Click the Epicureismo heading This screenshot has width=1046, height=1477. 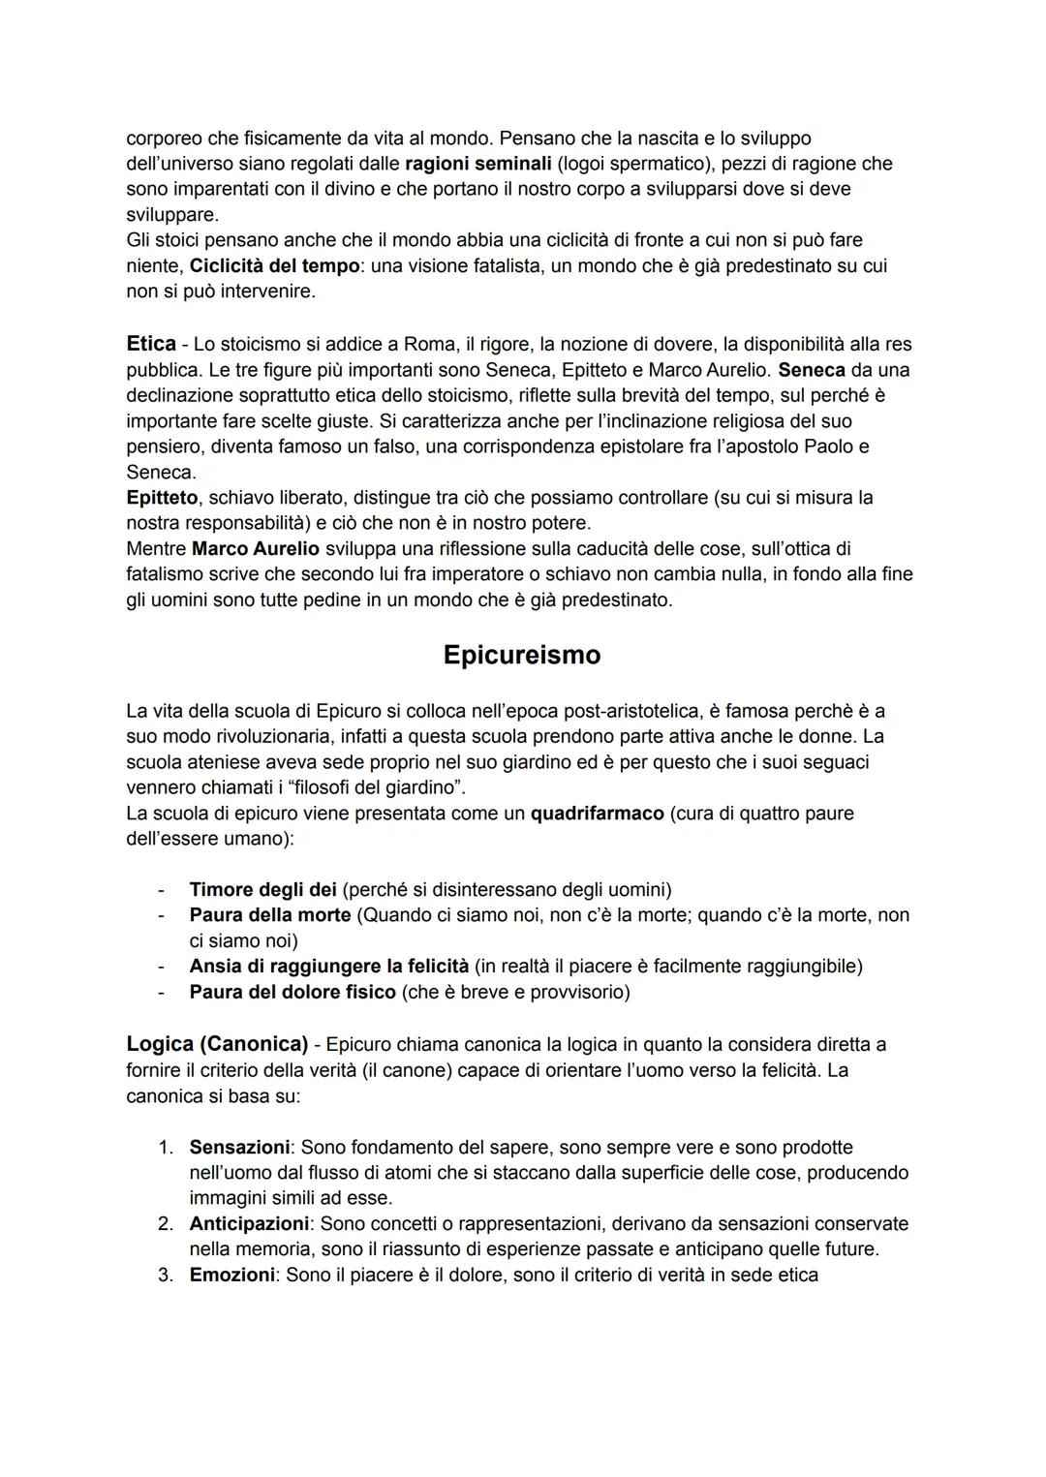point(521,655)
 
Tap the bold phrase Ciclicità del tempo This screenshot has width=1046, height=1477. point(274,265)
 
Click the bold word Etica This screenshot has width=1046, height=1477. point(151,344)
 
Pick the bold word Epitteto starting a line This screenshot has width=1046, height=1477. point(163,498)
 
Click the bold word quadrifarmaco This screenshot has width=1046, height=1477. point(597,813)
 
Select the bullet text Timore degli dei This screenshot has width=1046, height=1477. point(262,889)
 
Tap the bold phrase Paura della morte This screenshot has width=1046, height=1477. point(269,915)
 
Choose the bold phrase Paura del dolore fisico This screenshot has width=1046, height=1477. point(292,992)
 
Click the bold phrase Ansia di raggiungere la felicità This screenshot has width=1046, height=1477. point(328,967)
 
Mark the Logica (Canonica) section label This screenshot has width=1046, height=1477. point(217,1044)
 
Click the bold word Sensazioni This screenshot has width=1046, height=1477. point(239,1148)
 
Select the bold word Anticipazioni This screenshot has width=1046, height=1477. point(249,1224)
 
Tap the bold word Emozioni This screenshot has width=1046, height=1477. point(231,1276)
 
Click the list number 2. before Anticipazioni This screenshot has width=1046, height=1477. point(166,1224)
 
